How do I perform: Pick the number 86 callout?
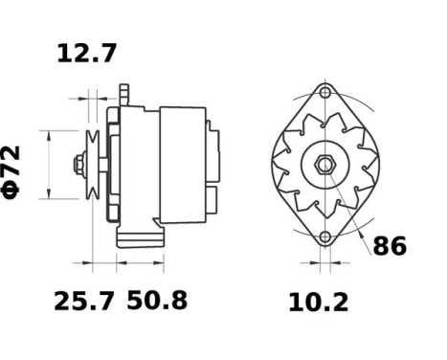[x=389, y=245]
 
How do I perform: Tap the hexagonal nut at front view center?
[x=324, y=165]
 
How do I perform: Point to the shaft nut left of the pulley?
[x=76, y=165]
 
